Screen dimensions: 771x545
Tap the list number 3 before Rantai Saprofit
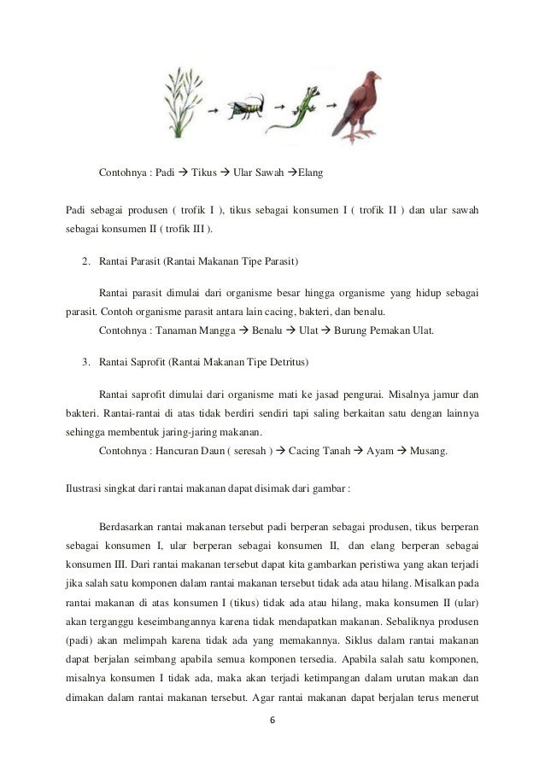(85, 363)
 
